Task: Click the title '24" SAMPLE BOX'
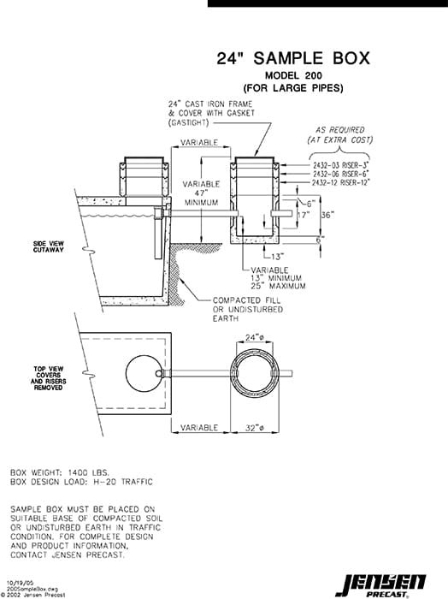pos(293,58)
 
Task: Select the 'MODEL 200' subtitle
pos(293,75)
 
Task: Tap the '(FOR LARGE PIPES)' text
pos(293,87)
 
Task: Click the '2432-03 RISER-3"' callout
pos(339,164)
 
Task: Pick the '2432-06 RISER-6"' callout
pos(339,174)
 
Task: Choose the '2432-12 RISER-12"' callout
pos(340,182)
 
